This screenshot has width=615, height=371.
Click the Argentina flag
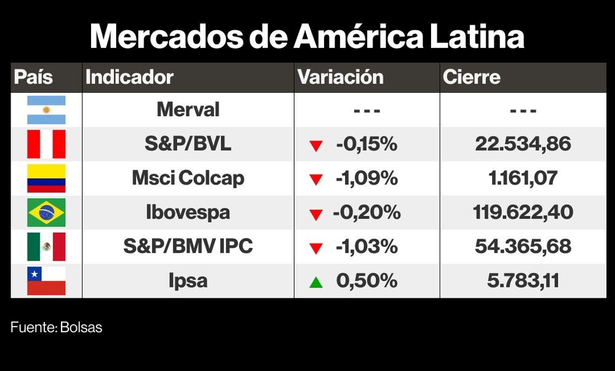click(46, 110)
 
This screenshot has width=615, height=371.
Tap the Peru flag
click(46, 145)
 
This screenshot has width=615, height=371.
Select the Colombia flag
click(46, 178)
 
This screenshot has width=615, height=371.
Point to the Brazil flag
click(46, 213)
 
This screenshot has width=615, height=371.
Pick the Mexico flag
click(46, 247)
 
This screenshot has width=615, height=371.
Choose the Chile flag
click(46, 281)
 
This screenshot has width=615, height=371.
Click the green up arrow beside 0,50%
click(316, 282)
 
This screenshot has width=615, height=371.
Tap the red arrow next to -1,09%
click(316, 180)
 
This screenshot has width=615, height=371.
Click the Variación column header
click(340, 78)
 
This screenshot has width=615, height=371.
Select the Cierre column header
click(472, 78)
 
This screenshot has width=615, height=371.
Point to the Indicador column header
click(129, 78)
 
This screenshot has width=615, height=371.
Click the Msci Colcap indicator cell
click(188, 178)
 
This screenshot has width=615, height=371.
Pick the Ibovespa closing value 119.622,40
click(523, 213)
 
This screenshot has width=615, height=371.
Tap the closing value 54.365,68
click(523, 247)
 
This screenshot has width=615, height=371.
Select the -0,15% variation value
click(367, 145)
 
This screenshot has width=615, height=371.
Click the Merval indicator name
click(188, 110)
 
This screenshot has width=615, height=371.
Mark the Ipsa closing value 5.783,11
click(523, 281)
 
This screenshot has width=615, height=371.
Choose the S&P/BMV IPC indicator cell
click(188, 247)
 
